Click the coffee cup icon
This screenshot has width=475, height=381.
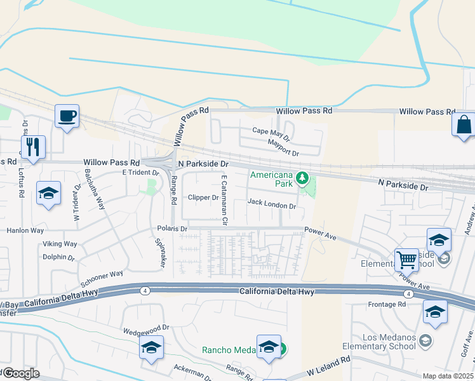[x=67, y=116]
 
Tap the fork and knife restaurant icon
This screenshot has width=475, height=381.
[x=33, y=147]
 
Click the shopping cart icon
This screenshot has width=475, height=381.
[x=406, y=258]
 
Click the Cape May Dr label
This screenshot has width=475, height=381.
[x=271, y=133]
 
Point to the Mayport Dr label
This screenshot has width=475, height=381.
[x=283, y=152]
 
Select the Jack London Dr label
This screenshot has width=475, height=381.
[x=272, y=206]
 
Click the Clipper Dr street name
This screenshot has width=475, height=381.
[x=203, y=197]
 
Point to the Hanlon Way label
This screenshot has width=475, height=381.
[x=26, y=231]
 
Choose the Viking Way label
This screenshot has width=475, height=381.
[x=60, y=244]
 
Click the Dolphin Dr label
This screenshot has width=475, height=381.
[x=58, y=258]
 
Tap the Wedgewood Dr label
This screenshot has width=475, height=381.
[x=145, y=328]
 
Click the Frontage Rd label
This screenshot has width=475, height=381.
[x=386, y=304]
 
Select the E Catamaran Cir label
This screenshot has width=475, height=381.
[x=224, y=201]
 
